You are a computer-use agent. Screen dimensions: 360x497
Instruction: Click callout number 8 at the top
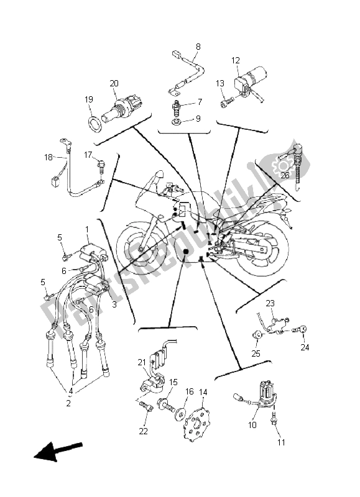(x=198, y=47)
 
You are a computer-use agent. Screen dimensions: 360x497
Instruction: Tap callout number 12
(x=236, y=60)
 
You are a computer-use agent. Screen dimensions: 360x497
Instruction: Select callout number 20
(x=114, y=83)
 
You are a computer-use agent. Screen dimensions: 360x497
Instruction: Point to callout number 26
(x=285, y=175)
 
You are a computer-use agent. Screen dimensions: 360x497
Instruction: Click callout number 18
(x=48, y=157)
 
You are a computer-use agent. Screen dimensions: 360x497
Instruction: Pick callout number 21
(x=142, y=362)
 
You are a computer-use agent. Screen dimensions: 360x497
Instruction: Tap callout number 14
(x=203, y=392)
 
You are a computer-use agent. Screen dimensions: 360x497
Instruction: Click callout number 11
(x=281, y=442)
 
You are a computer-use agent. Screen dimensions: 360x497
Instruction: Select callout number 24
(x=305, y=347)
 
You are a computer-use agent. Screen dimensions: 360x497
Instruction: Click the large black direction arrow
(x=58, y=451)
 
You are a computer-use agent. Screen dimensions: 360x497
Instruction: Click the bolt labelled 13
(x=226, y=103)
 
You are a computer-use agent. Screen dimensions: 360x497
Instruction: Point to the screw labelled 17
(x=101, y=165)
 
